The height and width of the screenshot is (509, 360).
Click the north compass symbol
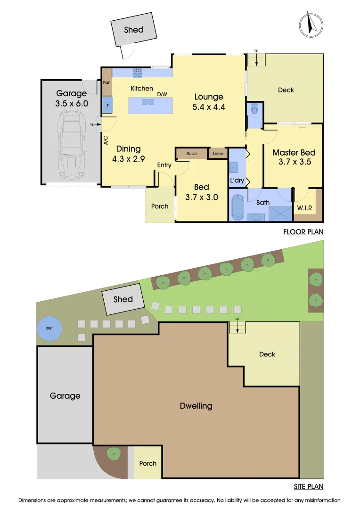pos(311,24)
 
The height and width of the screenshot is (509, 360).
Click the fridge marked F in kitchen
pos(107,106)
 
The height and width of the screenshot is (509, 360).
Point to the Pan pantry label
pos(107,82)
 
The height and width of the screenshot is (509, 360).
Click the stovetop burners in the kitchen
pos(138,73)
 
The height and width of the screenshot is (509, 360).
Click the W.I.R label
pos(304,207)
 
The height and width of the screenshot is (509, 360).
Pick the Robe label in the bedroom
pos(191,154)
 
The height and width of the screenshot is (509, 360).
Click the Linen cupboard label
pos(218,154)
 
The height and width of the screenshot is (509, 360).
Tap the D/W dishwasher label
pos(162,94)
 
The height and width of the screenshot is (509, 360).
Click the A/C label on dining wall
pos(106,140)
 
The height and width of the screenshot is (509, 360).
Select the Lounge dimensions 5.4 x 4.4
pos(209,107)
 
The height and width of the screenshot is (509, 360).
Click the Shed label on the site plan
pos(123,299)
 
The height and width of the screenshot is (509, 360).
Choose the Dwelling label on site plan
pos(196,406)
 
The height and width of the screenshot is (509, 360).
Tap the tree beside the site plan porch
pos(113,454)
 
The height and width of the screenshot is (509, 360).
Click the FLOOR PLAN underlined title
pos(303,232)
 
